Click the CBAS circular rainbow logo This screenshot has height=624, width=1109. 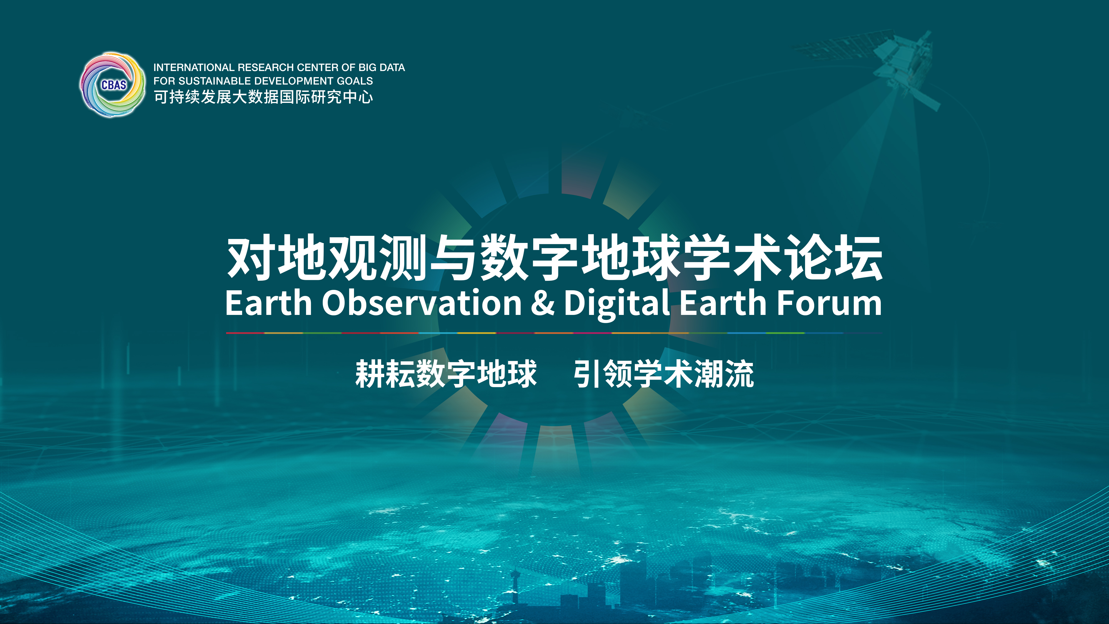pos(113,85)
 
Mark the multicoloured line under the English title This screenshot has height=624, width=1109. pos(554,333)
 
